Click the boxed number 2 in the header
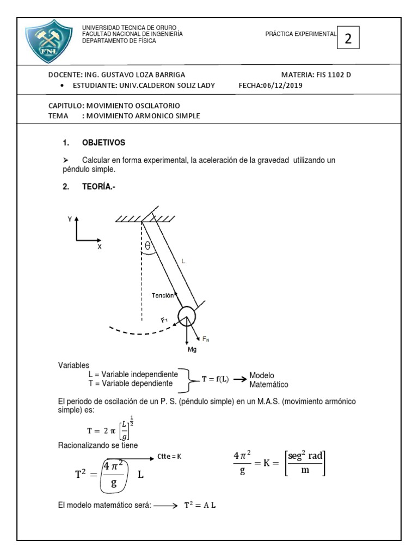(x=348, y=38)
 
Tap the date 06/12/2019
(x=282, y=85)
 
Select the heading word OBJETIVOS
(x=103, y=143)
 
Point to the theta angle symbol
(x=147, y=246)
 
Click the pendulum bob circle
(x=186, y=315)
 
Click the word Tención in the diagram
(x=163, y=295)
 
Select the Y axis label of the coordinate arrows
(x=69, y=219)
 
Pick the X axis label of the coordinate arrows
(x=100, y=246)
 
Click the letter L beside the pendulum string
(x=183, y=262)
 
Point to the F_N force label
(x=206, y=339)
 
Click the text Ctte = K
(x=168, y=456)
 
